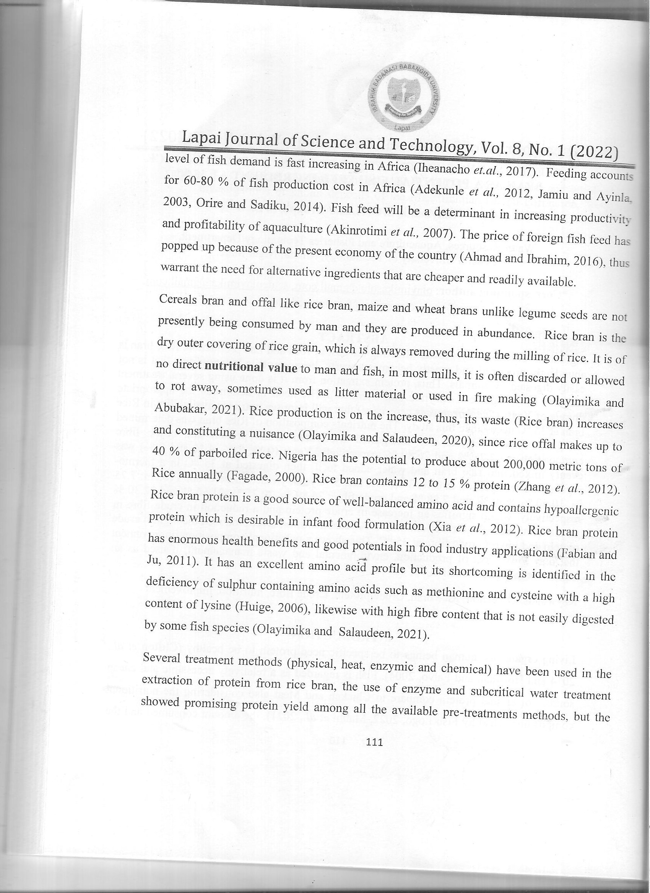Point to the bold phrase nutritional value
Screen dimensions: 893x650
click(251, 368)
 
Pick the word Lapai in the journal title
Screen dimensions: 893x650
click(200, 138)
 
